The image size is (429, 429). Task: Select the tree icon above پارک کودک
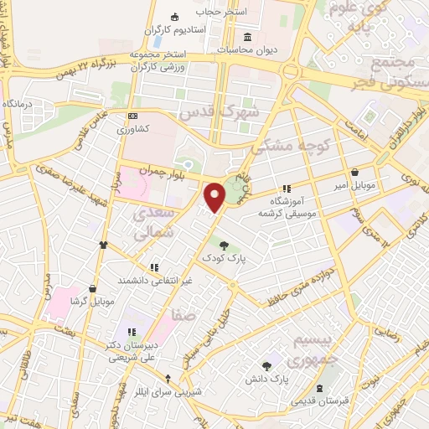pos(223,245)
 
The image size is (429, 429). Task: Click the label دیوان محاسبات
pos(248,49)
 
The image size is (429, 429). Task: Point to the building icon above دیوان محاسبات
pos(248,37)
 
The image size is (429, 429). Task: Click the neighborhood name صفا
pos(185,317)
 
